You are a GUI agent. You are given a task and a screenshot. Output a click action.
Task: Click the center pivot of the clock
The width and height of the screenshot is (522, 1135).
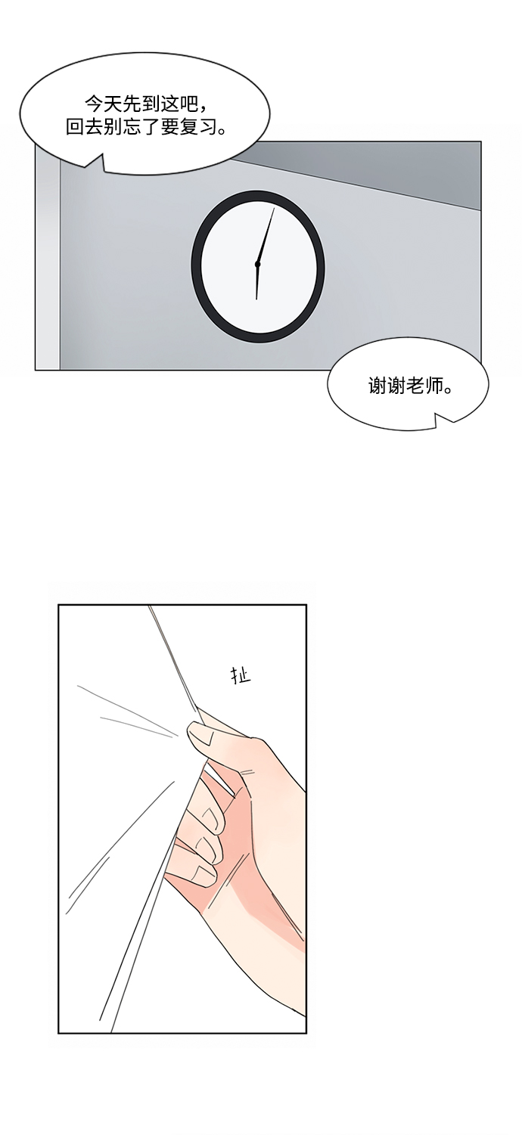coord(257,264)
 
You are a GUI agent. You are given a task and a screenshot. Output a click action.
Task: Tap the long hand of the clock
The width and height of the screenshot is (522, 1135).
coord(266,235)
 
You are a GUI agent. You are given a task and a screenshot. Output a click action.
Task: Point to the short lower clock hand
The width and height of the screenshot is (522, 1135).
coord(257,282)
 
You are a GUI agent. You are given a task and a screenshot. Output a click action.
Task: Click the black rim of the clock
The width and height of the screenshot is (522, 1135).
coord(194,266)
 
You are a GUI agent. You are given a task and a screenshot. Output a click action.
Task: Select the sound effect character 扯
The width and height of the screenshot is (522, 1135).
coord(241,675)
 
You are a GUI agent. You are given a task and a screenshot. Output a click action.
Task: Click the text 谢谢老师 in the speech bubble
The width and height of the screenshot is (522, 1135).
coord(411,387)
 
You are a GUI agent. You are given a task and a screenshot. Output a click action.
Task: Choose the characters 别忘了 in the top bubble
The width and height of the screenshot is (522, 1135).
coord(132,127)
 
